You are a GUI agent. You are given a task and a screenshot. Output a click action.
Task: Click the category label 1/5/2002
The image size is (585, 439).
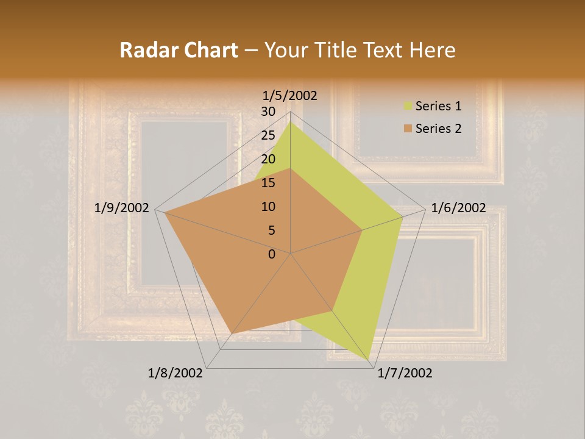tap(290, 96)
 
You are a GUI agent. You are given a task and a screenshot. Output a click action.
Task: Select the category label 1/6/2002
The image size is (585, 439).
tap(458, 208)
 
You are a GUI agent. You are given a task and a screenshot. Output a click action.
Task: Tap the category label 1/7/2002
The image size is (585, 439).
tap(405, 373)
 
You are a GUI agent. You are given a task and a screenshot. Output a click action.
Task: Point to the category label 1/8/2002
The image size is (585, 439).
tap(175, 373)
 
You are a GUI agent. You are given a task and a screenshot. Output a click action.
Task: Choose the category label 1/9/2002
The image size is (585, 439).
tap(122, 208)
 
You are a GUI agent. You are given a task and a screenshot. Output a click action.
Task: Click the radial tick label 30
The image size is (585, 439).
tap(268, 112)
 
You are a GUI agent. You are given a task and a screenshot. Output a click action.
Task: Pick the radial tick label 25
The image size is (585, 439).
tap(268, 135)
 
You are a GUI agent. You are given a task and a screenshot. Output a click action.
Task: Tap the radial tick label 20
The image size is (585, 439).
tap(268, 159)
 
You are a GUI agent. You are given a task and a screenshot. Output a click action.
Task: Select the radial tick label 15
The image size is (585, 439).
tap(268, 183)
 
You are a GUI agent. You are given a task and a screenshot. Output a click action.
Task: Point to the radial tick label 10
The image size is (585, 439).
tap(268, 207)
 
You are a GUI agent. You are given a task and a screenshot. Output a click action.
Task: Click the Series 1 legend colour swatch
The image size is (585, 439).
tap(408, 107)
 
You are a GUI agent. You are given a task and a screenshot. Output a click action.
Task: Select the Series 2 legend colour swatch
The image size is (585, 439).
tap(408, 129)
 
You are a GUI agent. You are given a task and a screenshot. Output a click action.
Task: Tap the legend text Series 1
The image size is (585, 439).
tap(438, 106)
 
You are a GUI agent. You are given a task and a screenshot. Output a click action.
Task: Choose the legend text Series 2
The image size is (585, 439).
tap(438, 129)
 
